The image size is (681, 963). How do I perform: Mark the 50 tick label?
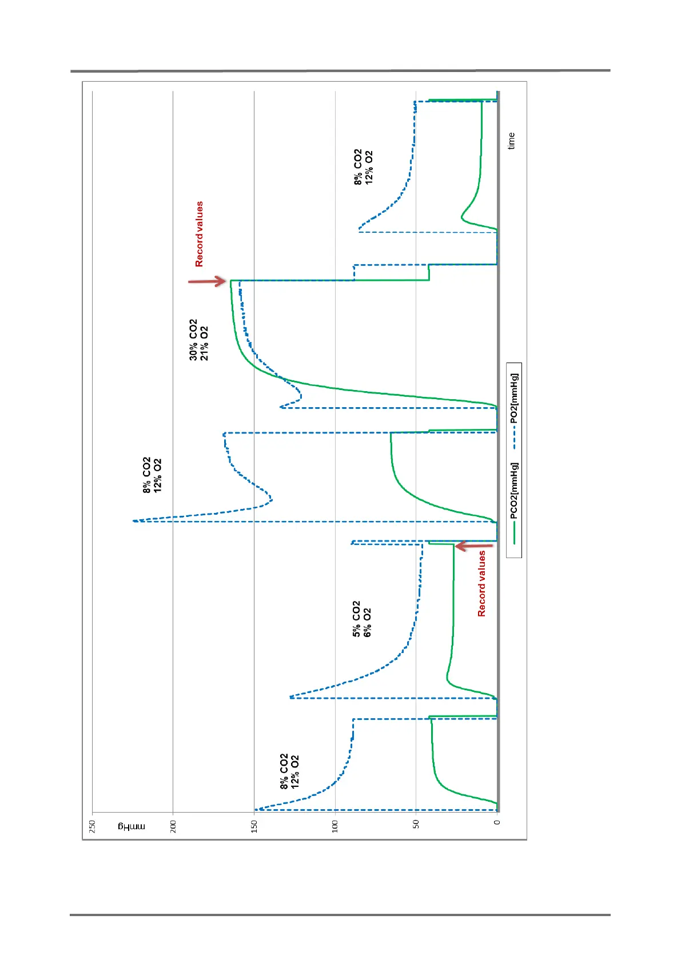416,823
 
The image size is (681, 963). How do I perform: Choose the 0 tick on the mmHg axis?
497,823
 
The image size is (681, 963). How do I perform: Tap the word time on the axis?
511,141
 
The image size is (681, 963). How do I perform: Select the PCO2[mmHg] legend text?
514,491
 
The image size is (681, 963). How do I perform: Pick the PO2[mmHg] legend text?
514,399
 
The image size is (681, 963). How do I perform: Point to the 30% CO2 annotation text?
193,340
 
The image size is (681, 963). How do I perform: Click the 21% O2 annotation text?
204,343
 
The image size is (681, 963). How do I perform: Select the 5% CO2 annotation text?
356,619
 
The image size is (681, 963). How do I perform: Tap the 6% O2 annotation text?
367,622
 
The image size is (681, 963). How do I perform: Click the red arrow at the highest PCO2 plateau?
207,281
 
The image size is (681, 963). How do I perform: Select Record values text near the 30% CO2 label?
199,234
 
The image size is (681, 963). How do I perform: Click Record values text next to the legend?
481,583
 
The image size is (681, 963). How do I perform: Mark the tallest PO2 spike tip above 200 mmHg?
134,520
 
